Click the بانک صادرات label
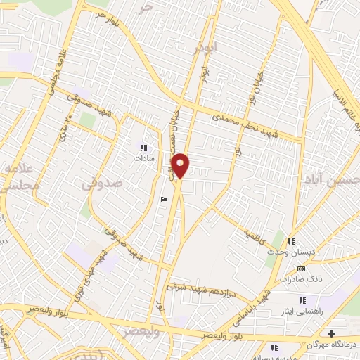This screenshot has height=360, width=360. point(303,278)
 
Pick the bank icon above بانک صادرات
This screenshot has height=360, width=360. point(302,268)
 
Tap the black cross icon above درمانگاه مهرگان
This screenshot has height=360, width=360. point(332,333)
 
